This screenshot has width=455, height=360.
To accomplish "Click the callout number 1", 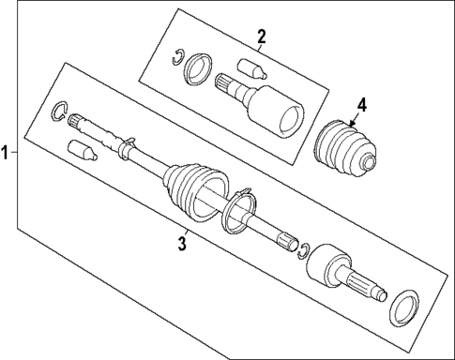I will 8,152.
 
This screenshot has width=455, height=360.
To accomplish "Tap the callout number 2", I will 262,37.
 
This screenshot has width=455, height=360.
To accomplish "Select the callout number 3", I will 184,245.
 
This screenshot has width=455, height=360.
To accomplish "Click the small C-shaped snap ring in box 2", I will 175,62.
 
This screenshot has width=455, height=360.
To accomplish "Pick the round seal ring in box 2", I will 198,69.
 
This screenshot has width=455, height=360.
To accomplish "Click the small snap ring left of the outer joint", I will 304,247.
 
